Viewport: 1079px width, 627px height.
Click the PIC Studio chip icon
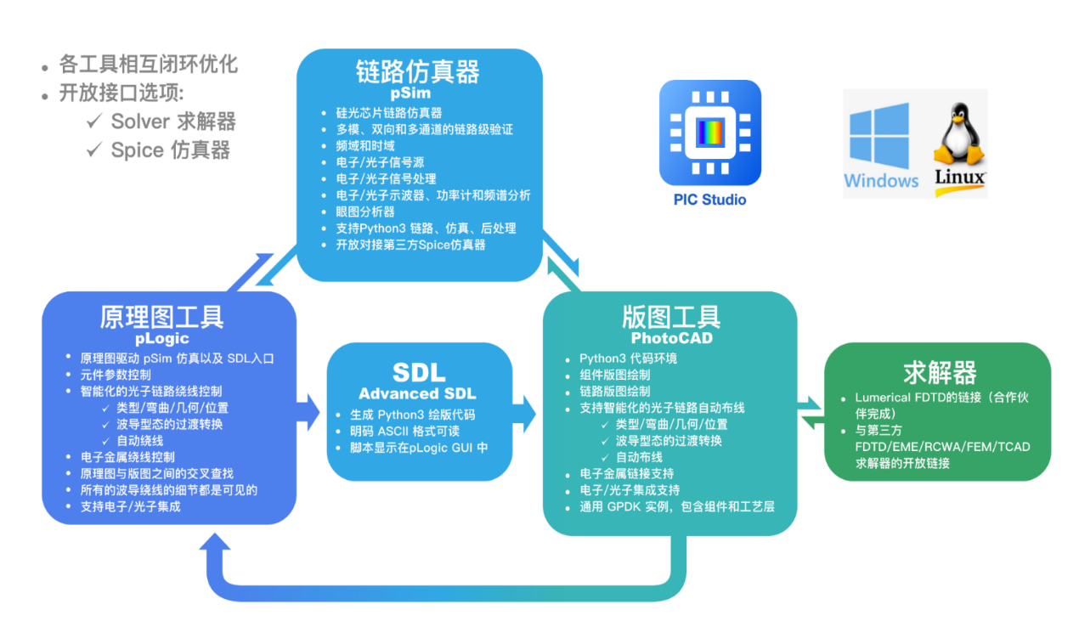tap(709, 133)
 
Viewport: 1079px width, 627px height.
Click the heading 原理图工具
tap(161, 316)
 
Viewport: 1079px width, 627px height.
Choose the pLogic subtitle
tap(161, 338)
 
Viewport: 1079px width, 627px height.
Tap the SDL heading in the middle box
tap(418, 372)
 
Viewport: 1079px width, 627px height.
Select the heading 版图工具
tap(671, 316)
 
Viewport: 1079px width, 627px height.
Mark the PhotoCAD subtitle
tap(671, 338)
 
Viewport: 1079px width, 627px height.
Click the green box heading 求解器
tap(940, 372)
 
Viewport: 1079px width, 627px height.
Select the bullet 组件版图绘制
tap(615, 375)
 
